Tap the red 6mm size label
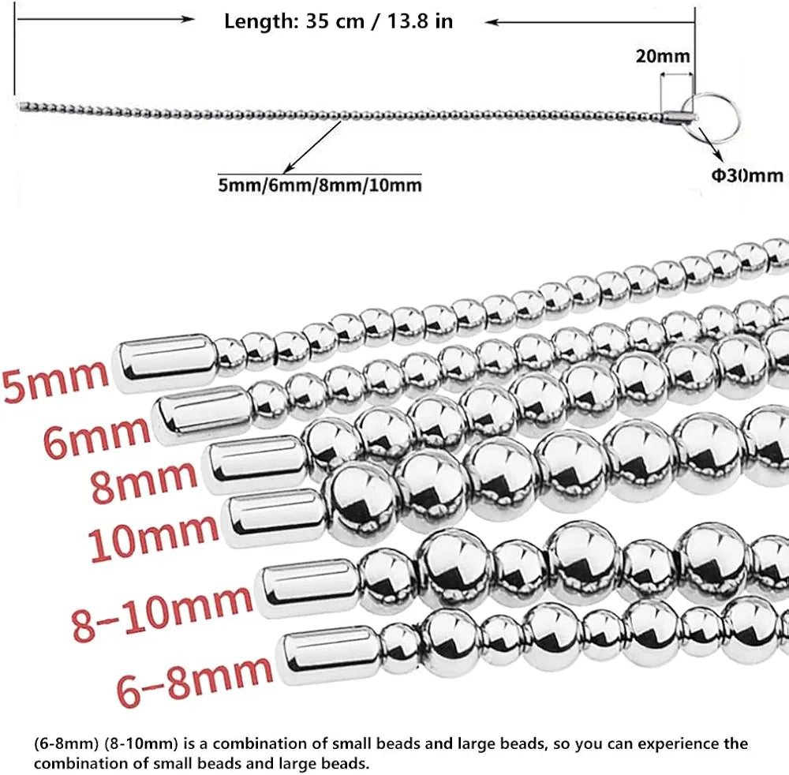pos(96,436)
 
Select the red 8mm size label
pos(144,481)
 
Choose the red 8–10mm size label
pos(162,613)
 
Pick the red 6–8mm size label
pos(195,681)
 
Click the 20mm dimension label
pos(663,56)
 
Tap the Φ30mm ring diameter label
pos(747,175)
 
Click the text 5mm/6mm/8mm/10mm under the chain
pos(320,185)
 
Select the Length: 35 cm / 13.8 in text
pos(338,21)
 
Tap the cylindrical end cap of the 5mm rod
pos(166,362)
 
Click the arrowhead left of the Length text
pos(189,20)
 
